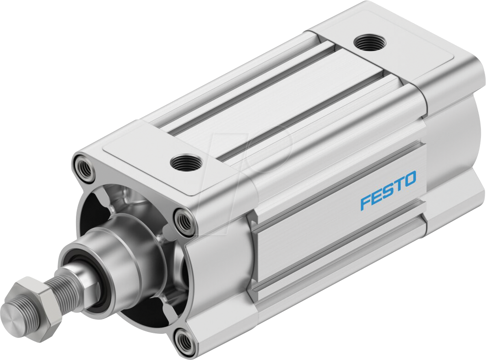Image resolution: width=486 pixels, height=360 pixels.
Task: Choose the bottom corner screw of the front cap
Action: [186, 341]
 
